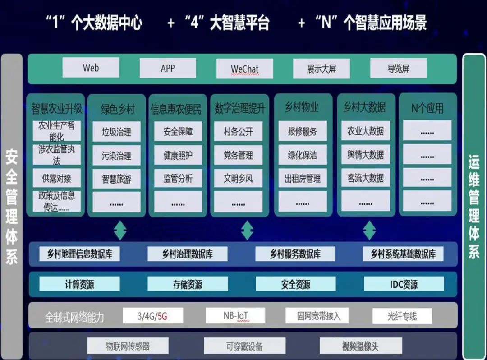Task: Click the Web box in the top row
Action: coord(91,67)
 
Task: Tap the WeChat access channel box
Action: coord(245,68)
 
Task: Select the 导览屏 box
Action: coord(399,68)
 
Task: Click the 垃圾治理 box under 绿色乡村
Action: coord(116,132)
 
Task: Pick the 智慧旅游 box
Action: coord(116,179)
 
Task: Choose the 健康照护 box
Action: coord(178,155)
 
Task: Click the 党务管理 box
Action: coord(238,155)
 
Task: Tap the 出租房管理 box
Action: coord(303,178)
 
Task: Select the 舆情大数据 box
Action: coord(366,154)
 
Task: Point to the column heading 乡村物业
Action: coord(302,107)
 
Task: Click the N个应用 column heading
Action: coord(427,108)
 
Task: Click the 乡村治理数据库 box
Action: coord(187,254)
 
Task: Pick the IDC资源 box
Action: coord(404,284)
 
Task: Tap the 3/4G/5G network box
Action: coord(153,316)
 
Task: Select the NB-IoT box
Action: coord(235,316)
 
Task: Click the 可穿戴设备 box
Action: coord(244,346)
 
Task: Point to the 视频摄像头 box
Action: coord(361,346)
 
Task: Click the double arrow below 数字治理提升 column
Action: coord(247,230)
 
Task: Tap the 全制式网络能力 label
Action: coord(74,317)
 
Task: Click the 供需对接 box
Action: coord(56,178)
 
